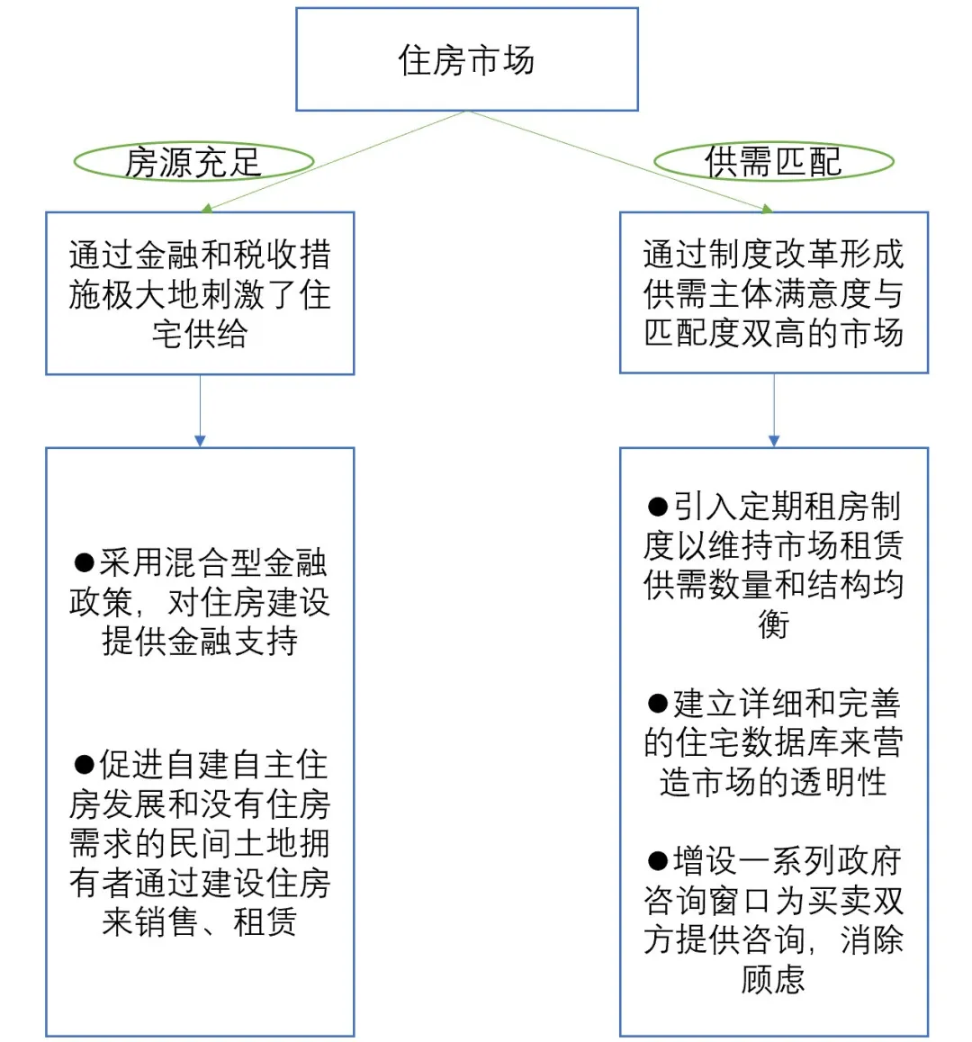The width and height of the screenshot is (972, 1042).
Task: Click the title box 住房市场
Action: coord(466,59)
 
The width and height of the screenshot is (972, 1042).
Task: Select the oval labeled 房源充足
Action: coord(193,162)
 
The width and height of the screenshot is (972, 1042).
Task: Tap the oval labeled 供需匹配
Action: coord(773,162)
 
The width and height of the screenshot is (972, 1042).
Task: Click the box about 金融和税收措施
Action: coord(200,293)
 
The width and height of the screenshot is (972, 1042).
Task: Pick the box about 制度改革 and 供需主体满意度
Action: coord(773,293)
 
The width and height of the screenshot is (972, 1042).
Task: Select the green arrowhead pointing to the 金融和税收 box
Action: coord(207,208)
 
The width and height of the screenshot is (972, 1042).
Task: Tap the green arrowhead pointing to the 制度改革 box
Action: coord(767,209)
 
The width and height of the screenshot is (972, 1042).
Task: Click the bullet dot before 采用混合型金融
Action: coord(85,563)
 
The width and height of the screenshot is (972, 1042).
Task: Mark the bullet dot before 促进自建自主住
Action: coord(85,765)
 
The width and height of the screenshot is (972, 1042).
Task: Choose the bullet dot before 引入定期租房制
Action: coord(658,507)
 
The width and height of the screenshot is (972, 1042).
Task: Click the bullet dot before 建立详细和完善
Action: coord(658,703)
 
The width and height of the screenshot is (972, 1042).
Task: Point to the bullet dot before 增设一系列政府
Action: coord(658,861)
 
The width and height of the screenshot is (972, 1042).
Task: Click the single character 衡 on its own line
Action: coord(773,624)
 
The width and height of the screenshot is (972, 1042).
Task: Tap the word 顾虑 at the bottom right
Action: coord(773,978)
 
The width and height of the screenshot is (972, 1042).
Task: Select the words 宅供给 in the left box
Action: coord(200,334)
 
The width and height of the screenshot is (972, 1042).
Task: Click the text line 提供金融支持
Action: coord(200,641)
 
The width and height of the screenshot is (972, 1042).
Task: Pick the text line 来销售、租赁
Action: coord(200,921)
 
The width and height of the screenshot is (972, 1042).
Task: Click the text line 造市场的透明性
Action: coord(773,782)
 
